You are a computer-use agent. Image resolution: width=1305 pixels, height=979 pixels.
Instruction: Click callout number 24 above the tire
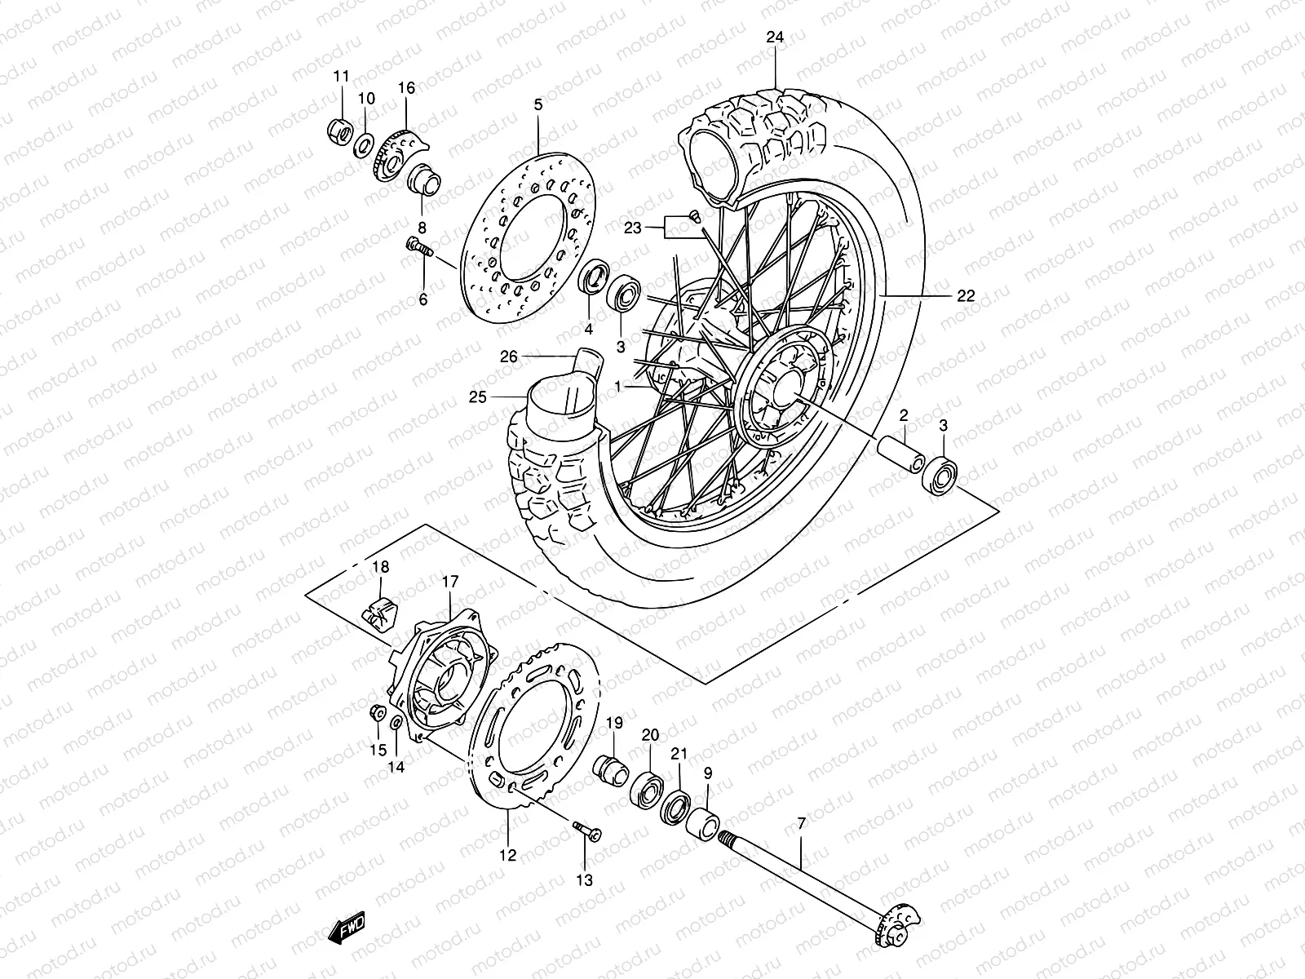(x=775, y=37)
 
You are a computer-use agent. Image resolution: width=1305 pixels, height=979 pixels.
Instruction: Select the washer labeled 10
(x=386, y=147)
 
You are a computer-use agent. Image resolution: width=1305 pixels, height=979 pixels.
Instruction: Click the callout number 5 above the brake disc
(x=537, y=104)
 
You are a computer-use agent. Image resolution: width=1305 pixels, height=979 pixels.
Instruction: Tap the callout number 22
(x=966, y=296)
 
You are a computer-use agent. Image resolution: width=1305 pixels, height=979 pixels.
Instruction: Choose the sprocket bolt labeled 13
(x=587, y=831)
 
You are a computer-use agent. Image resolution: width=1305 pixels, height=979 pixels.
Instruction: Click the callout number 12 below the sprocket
(x=507, y=856)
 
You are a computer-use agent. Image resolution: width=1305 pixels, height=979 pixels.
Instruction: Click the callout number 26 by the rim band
(x=509, y=357)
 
